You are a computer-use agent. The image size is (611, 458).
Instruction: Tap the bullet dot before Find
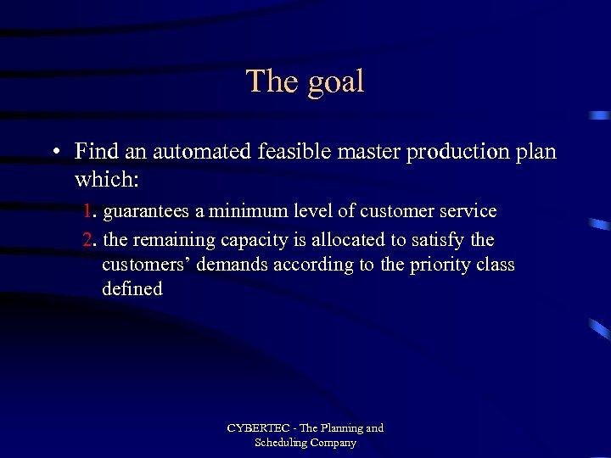coord(53,153)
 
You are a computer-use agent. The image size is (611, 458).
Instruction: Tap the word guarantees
coord(145,211)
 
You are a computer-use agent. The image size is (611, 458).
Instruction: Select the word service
coord(467,210)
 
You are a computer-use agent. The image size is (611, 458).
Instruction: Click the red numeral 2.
coord(88,240)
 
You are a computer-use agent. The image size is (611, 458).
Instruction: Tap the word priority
coord(439,265)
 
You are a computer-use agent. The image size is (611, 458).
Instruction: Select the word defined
coord(132,289)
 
